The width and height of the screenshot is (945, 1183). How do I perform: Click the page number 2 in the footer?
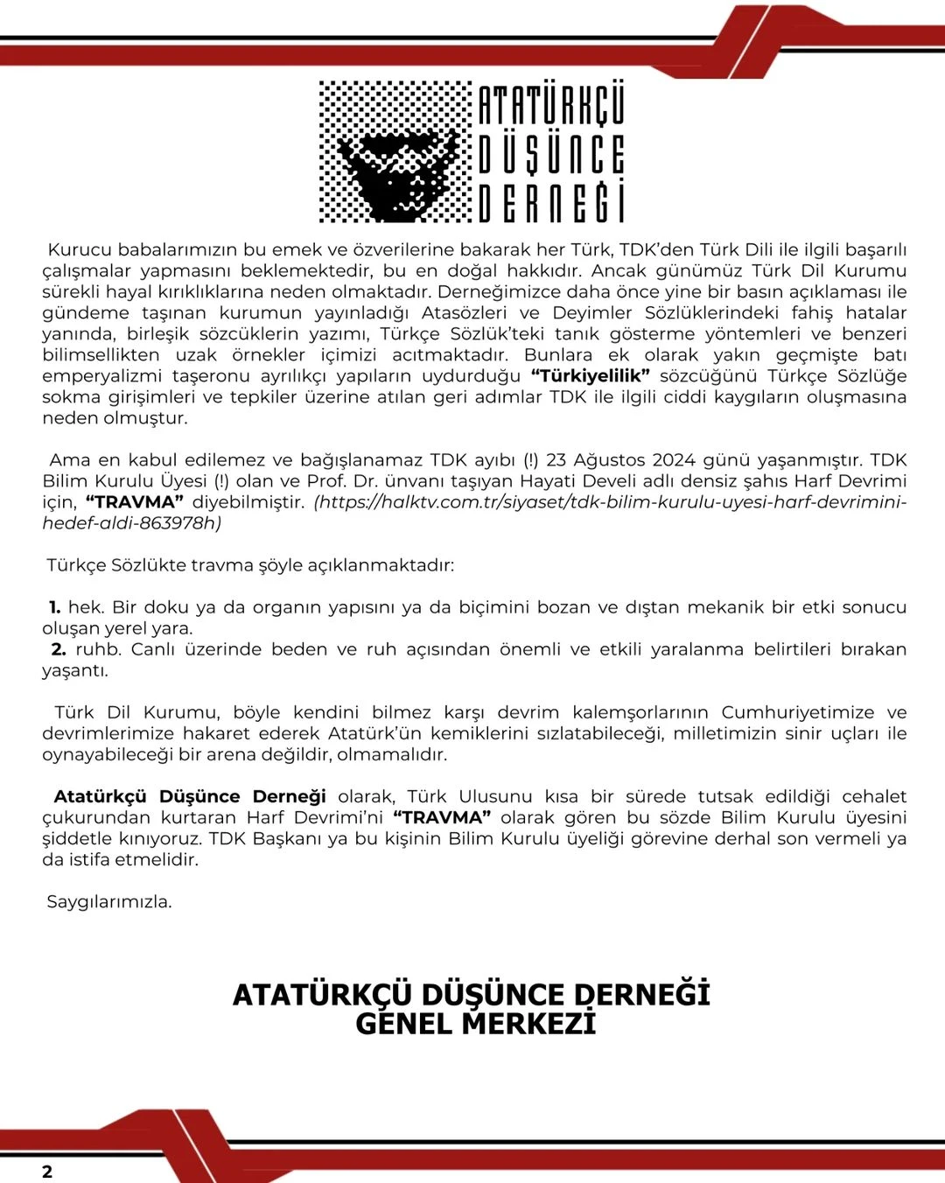[47, 1172]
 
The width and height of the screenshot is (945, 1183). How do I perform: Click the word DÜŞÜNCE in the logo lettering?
[551, 154]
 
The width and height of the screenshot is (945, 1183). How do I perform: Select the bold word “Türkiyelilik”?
[591, 375]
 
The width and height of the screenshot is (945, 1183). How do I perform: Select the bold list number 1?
[54, 606]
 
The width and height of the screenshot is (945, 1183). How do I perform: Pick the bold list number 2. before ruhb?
[59, 648]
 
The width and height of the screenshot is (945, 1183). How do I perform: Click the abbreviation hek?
[86, 606]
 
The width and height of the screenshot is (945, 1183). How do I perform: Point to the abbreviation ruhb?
[98, 648]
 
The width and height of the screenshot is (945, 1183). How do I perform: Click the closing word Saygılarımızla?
[109, 900]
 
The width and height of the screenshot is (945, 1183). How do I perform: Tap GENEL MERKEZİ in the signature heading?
[475, 1023]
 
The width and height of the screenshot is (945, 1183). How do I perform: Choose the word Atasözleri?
[464, 312]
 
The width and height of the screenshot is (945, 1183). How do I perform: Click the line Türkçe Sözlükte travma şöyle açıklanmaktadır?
[250, 564]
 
